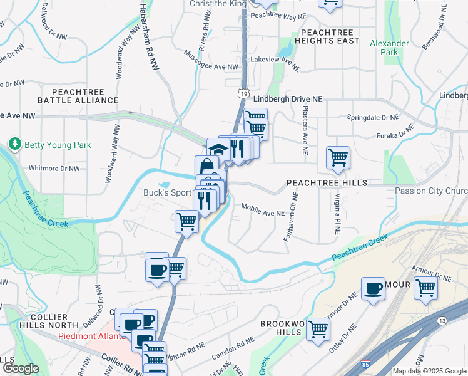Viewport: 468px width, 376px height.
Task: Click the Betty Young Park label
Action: pos(57,145)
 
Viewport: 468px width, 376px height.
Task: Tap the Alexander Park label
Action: pos(389,48)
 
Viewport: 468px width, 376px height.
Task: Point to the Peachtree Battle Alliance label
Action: pos(78,96)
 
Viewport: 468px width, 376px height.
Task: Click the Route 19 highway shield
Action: pos(241,92)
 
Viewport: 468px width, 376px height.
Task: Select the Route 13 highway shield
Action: pos(443,321)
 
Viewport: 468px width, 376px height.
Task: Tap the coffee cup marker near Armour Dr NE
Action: pos(374,289)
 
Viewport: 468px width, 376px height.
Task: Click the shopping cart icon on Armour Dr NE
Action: pos(425,289)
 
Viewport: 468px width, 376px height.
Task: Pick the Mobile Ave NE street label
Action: pos(263,213)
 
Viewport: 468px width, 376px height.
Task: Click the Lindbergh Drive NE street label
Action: pos(288,99)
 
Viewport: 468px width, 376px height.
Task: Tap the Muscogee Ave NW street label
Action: pos(211,66)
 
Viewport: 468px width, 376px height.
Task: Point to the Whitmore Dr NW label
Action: pos(54,169)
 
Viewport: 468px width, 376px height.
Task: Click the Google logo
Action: pos(20,369)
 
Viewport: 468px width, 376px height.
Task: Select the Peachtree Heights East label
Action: pos(330,36)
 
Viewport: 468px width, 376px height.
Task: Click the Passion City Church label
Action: pos(431,191)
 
